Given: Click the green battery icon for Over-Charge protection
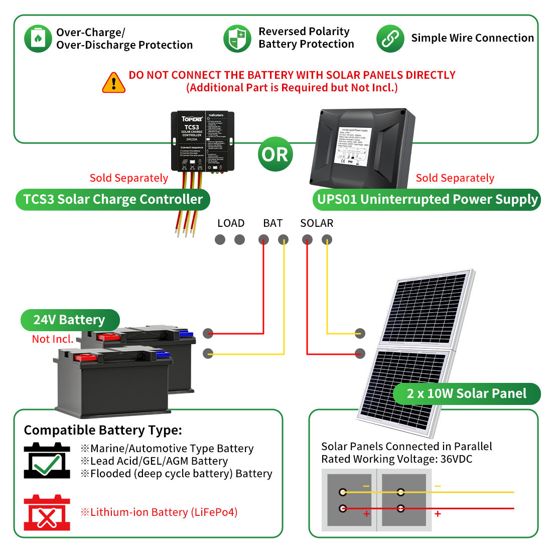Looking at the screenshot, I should pos(38,39).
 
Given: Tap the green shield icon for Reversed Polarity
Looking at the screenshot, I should pos(237,39).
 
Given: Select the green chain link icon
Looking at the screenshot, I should pos(390,39).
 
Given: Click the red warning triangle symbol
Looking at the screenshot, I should pos(114,83).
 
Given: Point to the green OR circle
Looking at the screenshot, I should pos(275,154).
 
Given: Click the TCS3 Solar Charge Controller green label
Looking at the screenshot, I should pos(113,199).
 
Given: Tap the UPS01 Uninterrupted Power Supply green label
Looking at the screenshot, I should pos(427,199).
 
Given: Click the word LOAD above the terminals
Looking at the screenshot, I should pos(231,223).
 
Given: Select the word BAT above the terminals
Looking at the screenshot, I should pos(273,223).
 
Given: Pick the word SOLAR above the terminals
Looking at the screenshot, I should pos(317,223).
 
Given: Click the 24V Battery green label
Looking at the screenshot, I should pos(70,320).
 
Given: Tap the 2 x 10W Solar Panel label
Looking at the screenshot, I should pos(466,393).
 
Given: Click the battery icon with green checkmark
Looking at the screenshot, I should pos(47,461).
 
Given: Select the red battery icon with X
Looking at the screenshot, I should pos(47,513).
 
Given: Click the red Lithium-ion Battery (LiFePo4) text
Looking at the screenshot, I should pos(159,512).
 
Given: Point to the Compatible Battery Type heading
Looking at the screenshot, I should pos(103,430).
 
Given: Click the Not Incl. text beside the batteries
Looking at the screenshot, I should pos(53,339).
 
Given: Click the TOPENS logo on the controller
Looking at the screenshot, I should pos(192,119).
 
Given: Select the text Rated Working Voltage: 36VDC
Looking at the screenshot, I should pos(396,459).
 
